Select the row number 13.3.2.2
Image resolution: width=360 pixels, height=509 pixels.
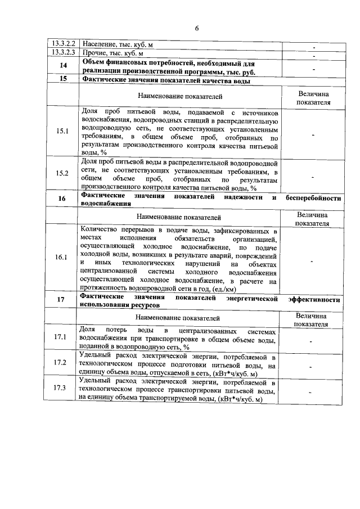click(x=62, y=43)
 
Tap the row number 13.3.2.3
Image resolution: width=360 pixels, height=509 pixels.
click(x=62, y=52)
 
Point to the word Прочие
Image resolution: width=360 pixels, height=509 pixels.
click(x=94, y=52)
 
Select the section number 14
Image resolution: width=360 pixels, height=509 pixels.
click(x=62, y=66)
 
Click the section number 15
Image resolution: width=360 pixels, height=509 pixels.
click(x=62, y=79)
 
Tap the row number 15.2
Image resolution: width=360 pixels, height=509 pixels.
click(x=62, y=173)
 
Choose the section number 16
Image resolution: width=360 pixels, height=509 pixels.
click(x=62, y=199)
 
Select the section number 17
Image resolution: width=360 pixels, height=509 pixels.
click(x=62, y=299)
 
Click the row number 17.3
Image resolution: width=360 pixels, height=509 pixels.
click(x=62, y=388)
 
